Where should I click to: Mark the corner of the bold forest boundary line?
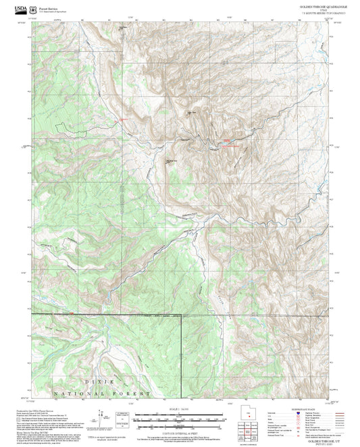coord(182,315)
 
